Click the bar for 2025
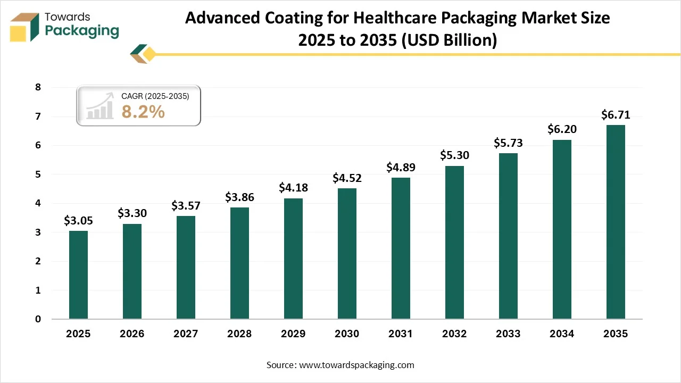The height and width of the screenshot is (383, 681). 78,275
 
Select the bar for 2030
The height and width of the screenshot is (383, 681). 347,254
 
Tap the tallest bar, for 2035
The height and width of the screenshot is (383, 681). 616,222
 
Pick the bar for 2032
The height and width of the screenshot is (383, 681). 454,243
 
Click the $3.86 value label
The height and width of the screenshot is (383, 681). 239,197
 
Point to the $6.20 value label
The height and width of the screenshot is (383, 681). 562,129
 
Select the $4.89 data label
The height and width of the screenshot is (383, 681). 401,168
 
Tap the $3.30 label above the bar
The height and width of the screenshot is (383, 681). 132,213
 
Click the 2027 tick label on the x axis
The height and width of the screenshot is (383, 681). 186,334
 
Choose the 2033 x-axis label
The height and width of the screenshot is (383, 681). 508,334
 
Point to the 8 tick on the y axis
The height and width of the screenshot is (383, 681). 38,87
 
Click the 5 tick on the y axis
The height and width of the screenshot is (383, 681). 38,174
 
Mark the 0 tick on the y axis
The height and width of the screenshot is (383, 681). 38,319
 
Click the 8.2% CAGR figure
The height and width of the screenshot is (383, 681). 143,112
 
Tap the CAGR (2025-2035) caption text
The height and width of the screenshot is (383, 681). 155,96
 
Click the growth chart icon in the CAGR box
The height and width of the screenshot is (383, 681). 101,106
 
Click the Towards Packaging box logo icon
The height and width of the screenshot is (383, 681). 25,27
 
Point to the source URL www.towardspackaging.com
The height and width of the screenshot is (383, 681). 356,365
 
